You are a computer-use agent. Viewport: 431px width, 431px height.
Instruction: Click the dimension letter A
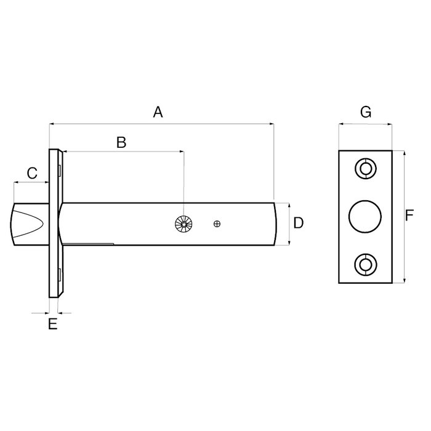158,112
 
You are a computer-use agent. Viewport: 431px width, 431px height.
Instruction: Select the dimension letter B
121,142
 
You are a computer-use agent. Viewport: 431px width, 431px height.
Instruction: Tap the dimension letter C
33,173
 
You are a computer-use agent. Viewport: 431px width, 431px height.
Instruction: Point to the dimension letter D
298,223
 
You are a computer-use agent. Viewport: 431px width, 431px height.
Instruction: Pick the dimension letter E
53,324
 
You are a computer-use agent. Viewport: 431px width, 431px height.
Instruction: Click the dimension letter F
409,216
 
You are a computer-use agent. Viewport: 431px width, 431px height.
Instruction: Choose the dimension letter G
365,112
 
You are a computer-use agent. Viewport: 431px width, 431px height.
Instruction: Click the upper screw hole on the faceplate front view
365,168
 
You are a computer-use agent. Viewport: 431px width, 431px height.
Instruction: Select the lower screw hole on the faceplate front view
365,265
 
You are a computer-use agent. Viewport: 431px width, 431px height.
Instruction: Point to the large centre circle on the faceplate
365,217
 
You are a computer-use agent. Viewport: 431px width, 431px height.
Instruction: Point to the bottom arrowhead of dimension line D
288,243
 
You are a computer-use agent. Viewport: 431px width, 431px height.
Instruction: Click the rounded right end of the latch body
272,224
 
